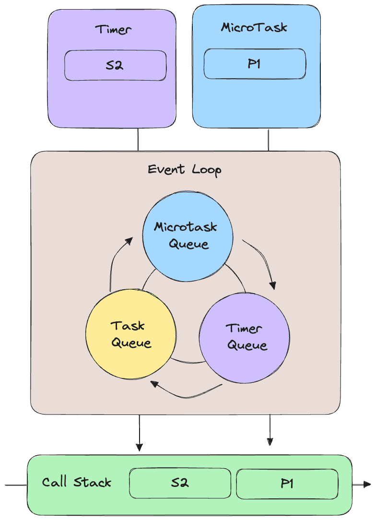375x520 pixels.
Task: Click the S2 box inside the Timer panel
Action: (x=116, y=65)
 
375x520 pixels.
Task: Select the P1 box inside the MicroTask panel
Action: (x=255, y=64)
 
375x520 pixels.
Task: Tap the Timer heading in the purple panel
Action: (x=113, y=30)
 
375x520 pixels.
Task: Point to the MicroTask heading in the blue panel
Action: (x=254, y=27)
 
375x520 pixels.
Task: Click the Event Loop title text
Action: (x=184, y=170)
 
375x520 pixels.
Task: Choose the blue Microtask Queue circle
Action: (x=187, y=236)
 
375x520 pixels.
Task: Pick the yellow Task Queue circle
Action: (x=131, y=334)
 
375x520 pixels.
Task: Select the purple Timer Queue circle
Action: (x=245, y=338)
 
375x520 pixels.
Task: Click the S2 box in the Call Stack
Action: (x=180, y=483)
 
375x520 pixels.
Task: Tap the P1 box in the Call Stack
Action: (x=287, y=484)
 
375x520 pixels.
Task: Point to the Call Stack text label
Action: (x=77, y=482)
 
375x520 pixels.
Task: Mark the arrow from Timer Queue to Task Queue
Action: (x=187, y=396)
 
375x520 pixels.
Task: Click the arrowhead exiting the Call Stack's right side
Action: (x=367, y=484)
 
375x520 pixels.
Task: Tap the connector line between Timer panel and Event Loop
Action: (x=138, y=140)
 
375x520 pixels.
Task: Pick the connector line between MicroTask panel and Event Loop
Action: (x=268, y=140)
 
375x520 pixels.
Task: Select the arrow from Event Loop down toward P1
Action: (x=270, y=429)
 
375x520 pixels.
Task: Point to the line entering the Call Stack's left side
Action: (x=16, y=485)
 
